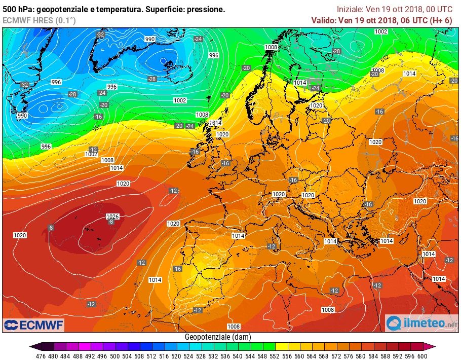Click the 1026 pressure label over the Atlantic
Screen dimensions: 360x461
(112, 217)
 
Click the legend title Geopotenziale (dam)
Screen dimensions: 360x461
(218, 337)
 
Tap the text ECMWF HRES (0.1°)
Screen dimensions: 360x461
(39, 20)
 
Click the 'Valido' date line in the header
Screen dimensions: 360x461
(381, 20)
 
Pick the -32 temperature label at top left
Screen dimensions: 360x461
(100, 34)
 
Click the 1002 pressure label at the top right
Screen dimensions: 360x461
(381, 31)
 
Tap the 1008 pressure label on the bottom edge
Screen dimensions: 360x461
(234, 327)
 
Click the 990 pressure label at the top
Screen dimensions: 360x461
(150, 39)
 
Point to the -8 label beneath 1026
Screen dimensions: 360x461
(111, 222)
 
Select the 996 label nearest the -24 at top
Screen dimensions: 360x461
(214, 55)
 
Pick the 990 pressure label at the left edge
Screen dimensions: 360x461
(22, 116)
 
